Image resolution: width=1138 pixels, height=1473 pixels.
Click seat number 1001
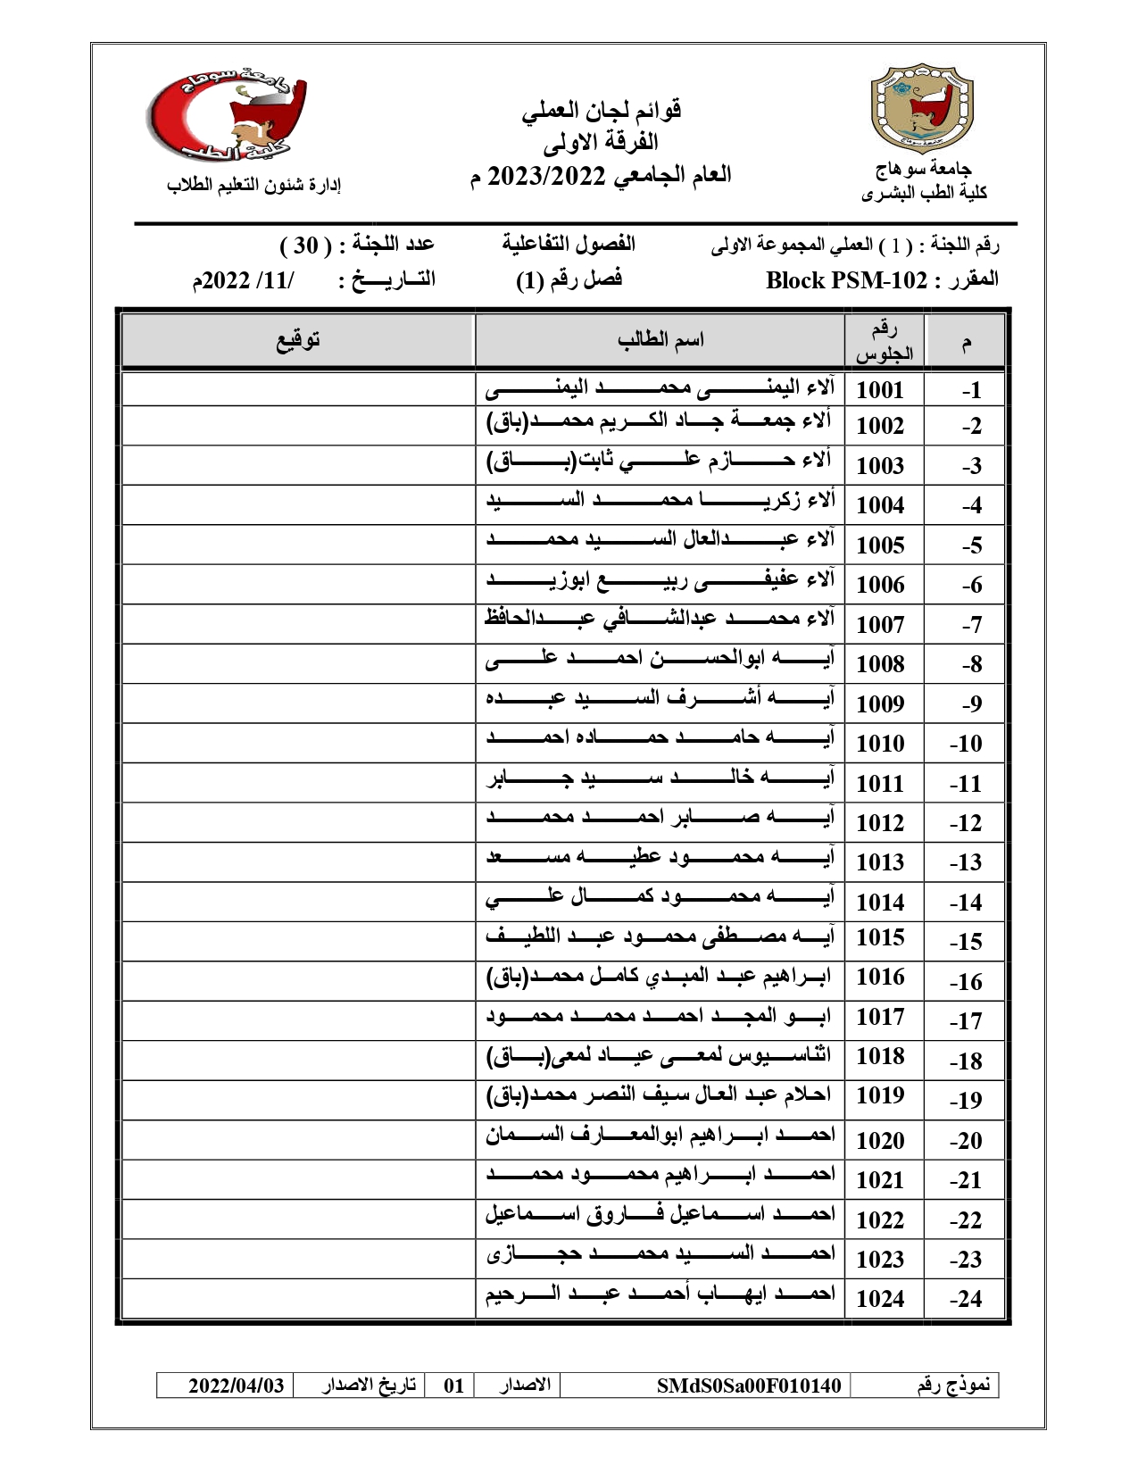(x=880, y=390)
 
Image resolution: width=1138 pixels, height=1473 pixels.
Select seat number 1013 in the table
(x=880, y=862)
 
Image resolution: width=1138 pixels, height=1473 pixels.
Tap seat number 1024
(x=880, y=1299)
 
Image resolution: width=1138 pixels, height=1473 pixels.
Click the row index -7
(x=971, y=625)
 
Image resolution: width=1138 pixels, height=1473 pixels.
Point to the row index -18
(x=966, y=1061)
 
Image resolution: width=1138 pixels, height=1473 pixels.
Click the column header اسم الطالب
(x=660, y=339)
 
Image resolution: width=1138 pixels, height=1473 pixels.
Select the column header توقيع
(x=297, y=339)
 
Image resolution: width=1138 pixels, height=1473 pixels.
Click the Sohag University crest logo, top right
(x=922, y=107)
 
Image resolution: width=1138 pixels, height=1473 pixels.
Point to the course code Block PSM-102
(x=846, y=280)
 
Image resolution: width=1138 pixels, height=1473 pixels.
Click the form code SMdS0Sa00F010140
(x=749, y=1386)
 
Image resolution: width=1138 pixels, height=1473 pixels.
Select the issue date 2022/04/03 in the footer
(x=236, y=1386)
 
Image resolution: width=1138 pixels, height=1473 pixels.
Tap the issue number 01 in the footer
(x=454, y=1386)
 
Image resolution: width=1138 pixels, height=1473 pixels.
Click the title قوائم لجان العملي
(x=602, y=111)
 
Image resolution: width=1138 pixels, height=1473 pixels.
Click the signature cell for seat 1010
(x=297, y=743)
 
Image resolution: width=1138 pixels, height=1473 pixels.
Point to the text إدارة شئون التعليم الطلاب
(x=254, y=185)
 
